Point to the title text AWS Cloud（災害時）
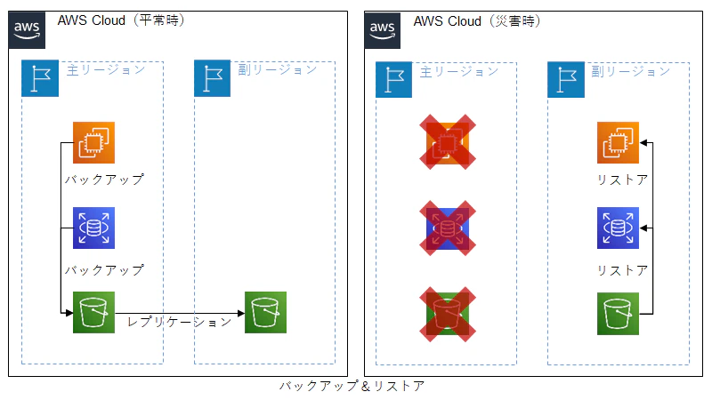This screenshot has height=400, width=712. [x=478, y=20]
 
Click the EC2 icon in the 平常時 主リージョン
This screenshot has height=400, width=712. [x=94, y=142]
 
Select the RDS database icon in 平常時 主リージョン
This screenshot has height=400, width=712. [x=94, y=228]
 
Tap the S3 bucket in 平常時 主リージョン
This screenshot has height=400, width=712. [x=94, y=314]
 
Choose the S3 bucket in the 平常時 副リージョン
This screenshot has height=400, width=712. [x=265, y=314]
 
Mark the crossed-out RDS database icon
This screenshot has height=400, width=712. [x=448, y=228]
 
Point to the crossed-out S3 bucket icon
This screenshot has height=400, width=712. [x=448, y=314]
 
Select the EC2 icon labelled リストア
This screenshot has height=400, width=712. [x=619, y=142]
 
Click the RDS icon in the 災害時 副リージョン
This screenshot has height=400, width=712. [x=619, y=228]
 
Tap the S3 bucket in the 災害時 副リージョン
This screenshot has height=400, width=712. [x=619, y=314]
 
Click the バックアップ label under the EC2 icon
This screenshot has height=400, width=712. [x=104, y=180]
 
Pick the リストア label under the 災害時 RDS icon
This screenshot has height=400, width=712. [x=622, y=270]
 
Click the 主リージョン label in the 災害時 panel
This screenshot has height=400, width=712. [x=459, y=71]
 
